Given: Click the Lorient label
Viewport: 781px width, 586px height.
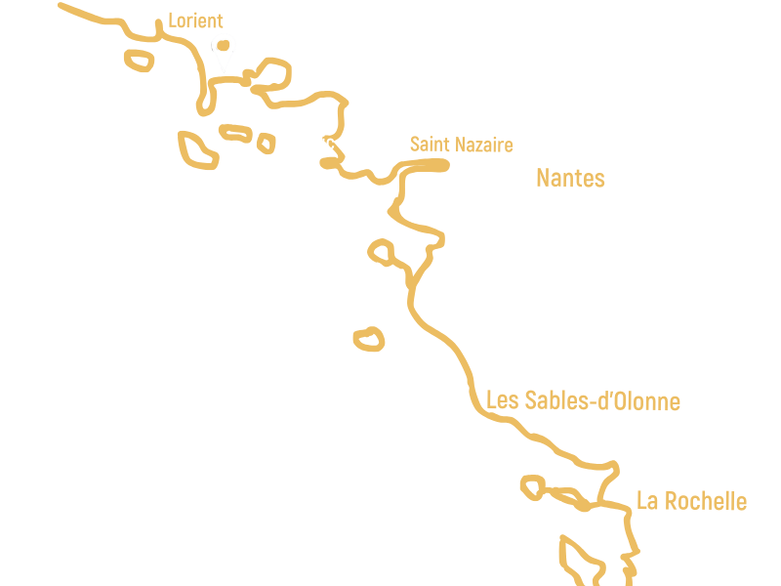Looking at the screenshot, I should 195,21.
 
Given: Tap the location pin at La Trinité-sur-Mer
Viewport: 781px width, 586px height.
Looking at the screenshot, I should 225,49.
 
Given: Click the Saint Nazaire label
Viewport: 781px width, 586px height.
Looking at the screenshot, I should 461,145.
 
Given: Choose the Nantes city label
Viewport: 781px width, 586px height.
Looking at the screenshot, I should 570,178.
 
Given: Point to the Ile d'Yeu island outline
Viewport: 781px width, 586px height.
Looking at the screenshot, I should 369,339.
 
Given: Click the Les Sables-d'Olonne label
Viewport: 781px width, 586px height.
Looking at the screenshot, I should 583,400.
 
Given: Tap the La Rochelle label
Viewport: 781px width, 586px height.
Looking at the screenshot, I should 691,501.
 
